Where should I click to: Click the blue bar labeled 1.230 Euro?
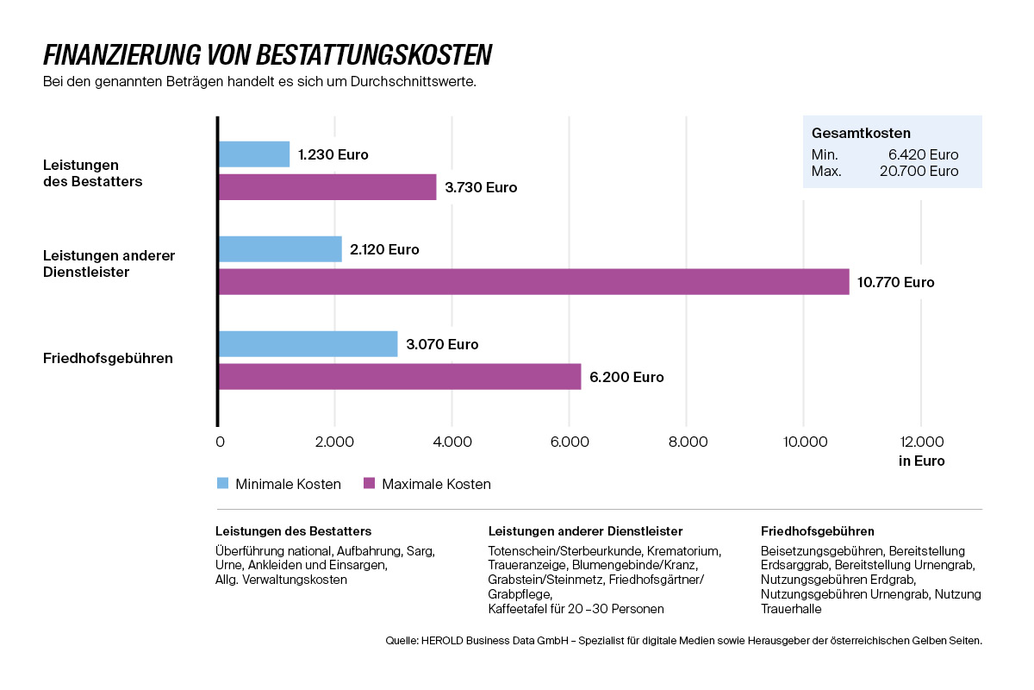click(x=254, y=154)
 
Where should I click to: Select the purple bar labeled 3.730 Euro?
click(x=327, y=187)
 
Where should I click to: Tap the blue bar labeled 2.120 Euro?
click(x=281, y=249)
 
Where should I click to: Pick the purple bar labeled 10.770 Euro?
click(x=534, y=282)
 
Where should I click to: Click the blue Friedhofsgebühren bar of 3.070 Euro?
click(x=308, y=344)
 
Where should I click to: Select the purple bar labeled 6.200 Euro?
click(x=400, y=377)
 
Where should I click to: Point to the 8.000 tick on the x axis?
click(x=688, y=442)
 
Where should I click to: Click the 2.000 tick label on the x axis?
click(x=334, y=442)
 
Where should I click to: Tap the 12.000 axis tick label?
click(x=922, y=442)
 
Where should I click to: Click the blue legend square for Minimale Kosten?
click(x=222, y=483)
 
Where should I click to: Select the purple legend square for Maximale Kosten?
click(x=370, y=483)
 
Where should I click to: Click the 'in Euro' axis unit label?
click(x=921, y=461)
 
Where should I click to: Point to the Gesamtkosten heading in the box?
click(x=861, y=133)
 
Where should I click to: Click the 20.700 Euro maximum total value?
click(x=919, y=171)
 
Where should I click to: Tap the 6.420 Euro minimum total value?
click(x=923, y=154)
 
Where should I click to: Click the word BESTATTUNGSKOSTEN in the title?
click(x=374, y=55)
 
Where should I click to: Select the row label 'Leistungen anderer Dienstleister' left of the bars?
click(x=109, y=263)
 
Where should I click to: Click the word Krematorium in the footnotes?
click(x=683, y=551)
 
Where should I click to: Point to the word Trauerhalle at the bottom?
click(x=791, y=609)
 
